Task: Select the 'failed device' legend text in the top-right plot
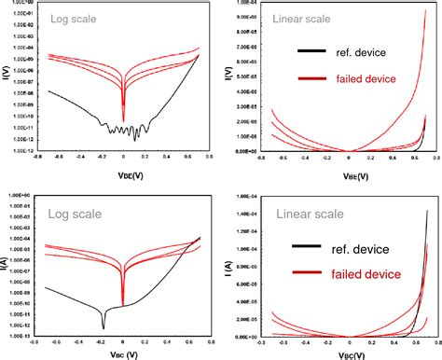point(366,80)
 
